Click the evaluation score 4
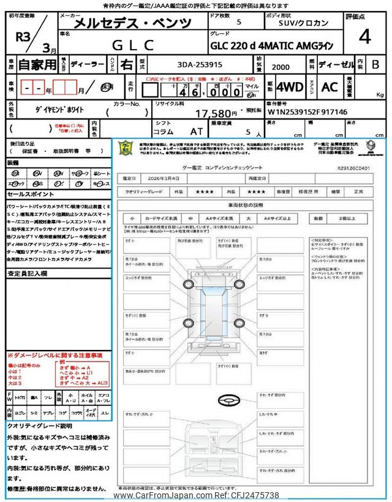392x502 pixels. click(x=365, y=37)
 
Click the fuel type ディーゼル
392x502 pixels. click(x=335, y=66)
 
